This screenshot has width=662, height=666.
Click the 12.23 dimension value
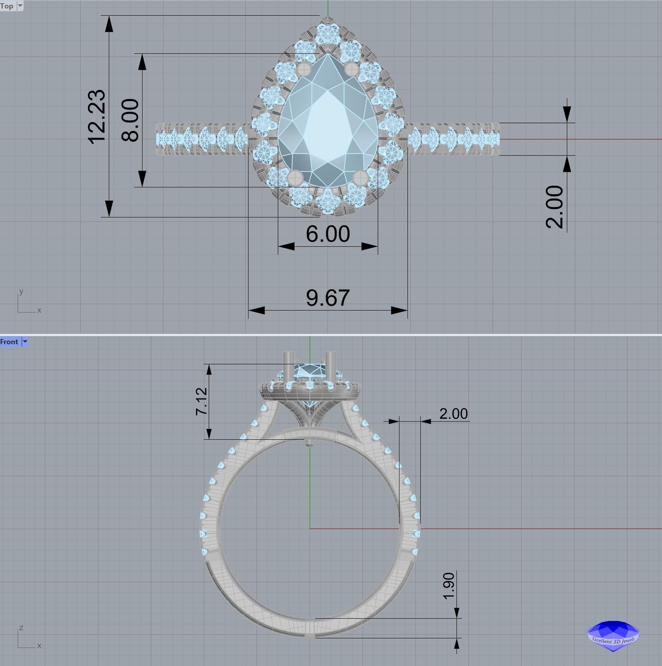(97, 116)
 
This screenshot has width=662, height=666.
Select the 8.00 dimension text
(130, 120)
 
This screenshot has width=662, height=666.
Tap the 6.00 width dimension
(328, 234)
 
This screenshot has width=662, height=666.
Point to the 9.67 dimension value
(328, 298)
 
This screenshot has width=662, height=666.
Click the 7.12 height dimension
(202, 401)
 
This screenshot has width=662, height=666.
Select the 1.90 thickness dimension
(449, 586)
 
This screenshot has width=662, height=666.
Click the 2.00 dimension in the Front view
(453, 414)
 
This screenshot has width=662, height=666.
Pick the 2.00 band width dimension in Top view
(555, 207)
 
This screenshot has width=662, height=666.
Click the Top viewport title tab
(7, 6)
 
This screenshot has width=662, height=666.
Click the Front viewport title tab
(9, 342)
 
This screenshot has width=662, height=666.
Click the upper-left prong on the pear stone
(304, 69)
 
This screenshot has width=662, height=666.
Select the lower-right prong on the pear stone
(361, 177)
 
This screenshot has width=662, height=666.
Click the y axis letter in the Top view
(21, 292)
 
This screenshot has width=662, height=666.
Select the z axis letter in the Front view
(21, 627)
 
